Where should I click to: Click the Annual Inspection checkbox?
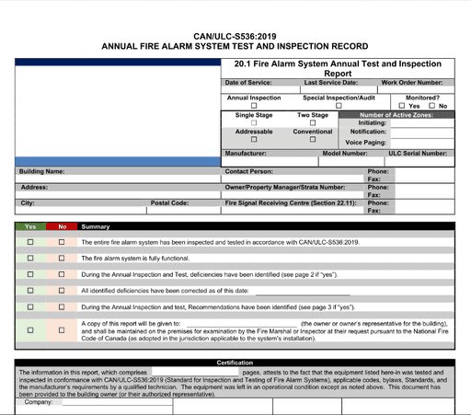tap(254, 106)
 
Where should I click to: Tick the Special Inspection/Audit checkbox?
tap(339, 106)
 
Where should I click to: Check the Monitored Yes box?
tap(402, 106)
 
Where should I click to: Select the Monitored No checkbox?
tap(431, 106)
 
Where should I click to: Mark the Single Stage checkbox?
tap(254, 122)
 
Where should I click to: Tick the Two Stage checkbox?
tap(313, 122)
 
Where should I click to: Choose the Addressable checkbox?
tap(254, 139)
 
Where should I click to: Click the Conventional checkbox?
tap(313, 139)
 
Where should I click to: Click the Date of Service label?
tap(249, 83)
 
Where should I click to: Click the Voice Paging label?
tap(366, 142)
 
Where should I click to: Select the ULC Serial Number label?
tap(418, 154)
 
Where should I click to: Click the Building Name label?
tap(42, 171)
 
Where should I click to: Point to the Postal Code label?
tap(169, 202)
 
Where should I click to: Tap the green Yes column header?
tap(30, 226)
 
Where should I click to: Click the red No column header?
tap(62, 226)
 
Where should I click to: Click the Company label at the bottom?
tap(38, 402)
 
